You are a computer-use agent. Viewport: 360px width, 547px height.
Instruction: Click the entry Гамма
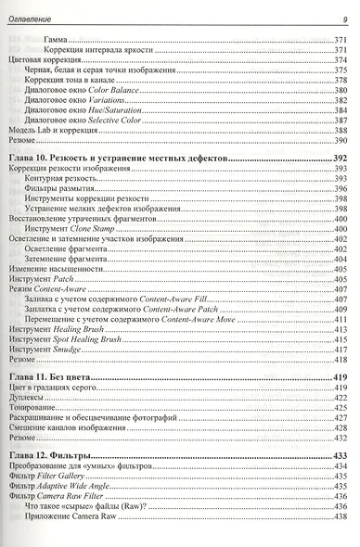pyautogui.click(x=55, y=41)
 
